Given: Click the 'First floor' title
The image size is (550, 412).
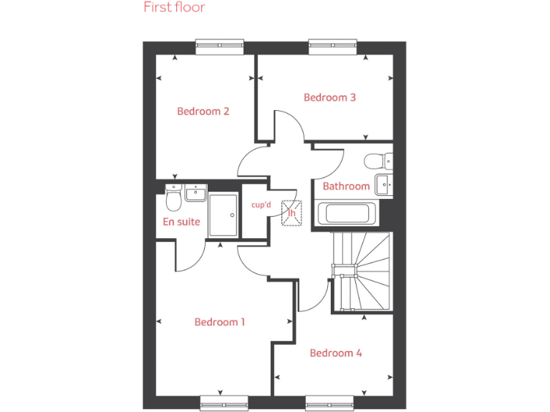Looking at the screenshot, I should (x=174, y=8).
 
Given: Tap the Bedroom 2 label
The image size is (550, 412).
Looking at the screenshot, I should (x=203, y=112).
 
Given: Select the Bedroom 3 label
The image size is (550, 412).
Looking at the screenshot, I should (x=329, y=97).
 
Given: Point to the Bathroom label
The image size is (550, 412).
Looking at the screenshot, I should (x=346, y=186).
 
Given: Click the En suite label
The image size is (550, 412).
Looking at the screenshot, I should (x=182, y=222).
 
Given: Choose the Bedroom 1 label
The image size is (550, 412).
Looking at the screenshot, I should (x=220, y=322).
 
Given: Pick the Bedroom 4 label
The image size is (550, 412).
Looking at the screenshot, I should (x=336, y=353).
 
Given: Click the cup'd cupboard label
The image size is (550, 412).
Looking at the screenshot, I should (x=261, y=205).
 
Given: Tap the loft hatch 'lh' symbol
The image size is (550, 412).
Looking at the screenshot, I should (x=292, y=212).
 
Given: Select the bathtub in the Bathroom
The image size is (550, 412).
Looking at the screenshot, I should (x=347, y=212).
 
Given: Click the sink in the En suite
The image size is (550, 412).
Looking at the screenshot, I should (x=196, y=192).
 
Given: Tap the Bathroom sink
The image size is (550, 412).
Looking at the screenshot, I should (x=385, y=183).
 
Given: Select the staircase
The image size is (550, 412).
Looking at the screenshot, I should (x=362, y=272).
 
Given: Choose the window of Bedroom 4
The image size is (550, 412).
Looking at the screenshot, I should (x=332, y=402).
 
